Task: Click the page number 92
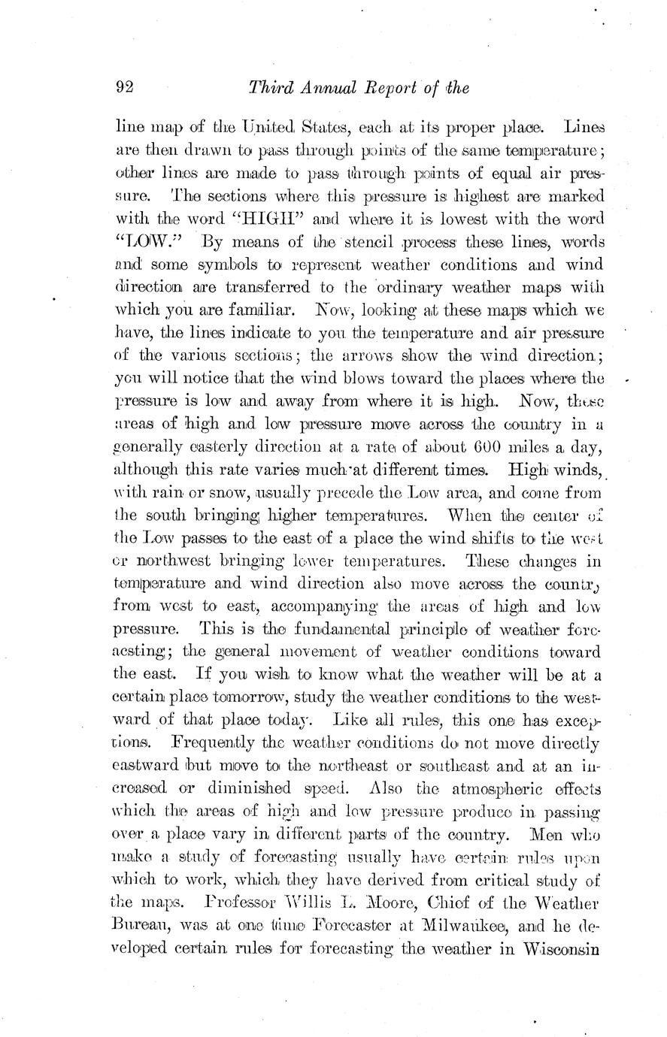[124, 88]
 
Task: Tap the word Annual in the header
[325, 88]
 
